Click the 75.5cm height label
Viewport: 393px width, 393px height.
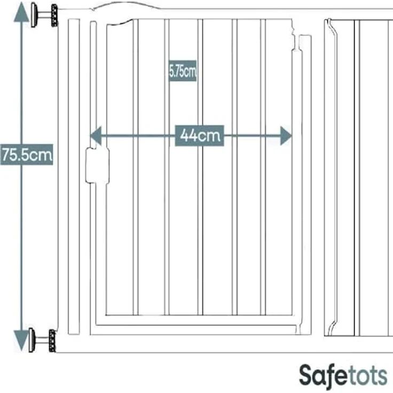(x=27, y=155)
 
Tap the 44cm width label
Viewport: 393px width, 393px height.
(x=200, y=136)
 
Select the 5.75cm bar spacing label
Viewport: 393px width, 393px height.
(x=183, y=71)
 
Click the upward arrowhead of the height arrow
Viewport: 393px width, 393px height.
(x=21, y=12)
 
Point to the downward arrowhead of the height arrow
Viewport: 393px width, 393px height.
(x=21, y=340)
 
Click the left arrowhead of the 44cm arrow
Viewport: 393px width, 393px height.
(x=96, y=136)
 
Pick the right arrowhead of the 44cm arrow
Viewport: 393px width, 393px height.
(x=286, y=136)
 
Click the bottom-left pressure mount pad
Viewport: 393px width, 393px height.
(x=32, y=340)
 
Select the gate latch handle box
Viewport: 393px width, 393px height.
(x=98, y=166)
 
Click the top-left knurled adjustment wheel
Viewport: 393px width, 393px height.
(x=54, y=15)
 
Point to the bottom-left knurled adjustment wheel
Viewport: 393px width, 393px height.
(x=52, y=341)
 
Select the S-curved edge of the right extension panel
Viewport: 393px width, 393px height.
(x=333, y=176)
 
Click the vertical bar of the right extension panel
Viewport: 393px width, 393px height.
(x=357, y=178)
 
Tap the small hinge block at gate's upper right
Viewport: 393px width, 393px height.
(x=305, y=43)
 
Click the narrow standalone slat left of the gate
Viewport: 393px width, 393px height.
(x=74, y=176)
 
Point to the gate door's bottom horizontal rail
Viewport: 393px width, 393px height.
(x=199, y=316)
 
